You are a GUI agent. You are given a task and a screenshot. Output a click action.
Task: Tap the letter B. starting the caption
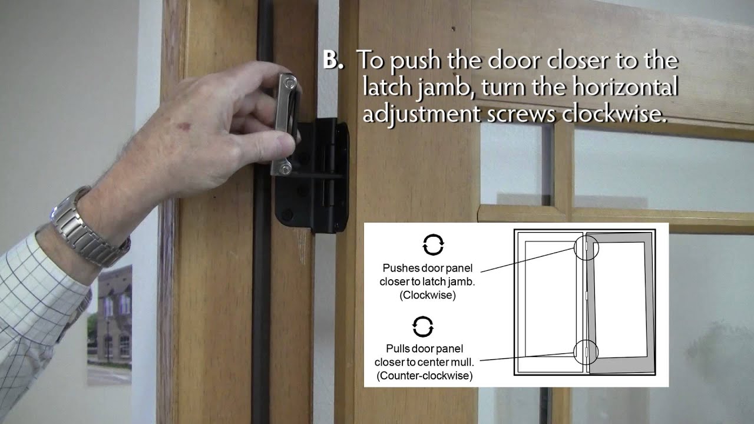click(333, 60)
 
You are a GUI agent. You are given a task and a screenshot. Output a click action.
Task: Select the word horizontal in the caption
click(625, 87)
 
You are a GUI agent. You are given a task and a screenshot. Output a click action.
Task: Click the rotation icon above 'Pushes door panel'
click(433, 244)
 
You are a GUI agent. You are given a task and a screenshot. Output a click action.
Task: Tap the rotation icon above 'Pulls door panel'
click(423, 326)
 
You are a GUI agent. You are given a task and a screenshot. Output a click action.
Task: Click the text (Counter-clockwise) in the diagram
click(425, 376)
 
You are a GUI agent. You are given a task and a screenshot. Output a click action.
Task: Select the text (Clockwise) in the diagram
click(428, 295)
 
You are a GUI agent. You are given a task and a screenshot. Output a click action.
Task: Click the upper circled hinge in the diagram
click(586, 247)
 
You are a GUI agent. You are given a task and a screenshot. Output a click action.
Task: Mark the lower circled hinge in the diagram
click(586, 352)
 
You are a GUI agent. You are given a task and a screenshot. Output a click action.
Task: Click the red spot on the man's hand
click(184, 127)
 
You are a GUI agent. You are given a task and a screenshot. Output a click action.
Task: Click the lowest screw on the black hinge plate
click(287, 214)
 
